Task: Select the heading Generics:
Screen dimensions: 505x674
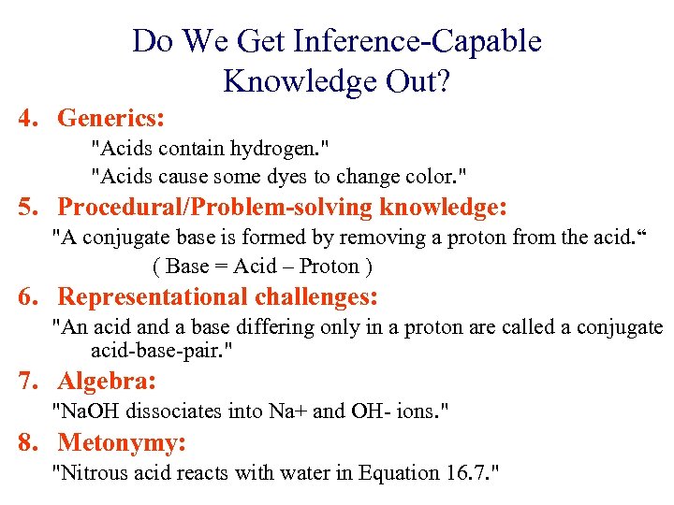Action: tap(111, 119)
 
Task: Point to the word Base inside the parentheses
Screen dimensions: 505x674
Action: tap(187, 266)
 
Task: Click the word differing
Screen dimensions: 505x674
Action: tap(273, 327)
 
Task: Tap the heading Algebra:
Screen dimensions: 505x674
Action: tap(107, 382)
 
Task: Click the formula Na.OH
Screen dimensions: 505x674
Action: tap(92, 411)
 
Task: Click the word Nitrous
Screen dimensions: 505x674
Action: tap(93, 472)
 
